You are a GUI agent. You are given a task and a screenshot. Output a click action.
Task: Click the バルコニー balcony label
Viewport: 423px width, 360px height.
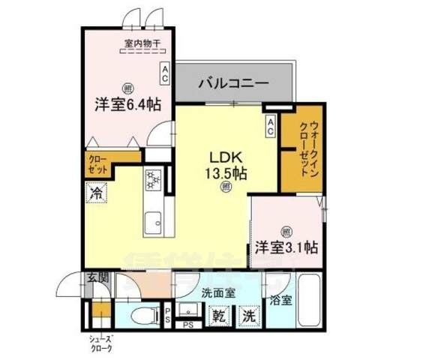(233, 82)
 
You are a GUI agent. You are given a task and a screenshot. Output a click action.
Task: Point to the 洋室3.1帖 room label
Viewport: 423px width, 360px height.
(287, 247)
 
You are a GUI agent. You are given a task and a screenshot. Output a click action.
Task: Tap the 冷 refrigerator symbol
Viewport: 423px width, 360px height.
(97, 193)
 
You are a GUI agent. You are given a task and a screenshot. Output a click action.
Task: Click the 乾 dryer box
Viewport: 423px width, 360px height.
(217, 316)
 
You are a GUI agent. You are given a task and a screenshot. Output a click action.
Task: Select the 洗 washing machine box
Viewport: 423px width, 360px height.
(247, 316)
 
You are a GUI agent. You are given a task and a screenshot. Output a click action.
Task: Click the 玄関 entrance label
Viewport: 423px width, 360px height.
(97, 279)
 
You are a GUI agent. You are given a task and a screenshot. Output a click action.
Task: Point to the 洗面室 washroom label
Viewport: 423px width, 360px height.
(218, 293)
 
